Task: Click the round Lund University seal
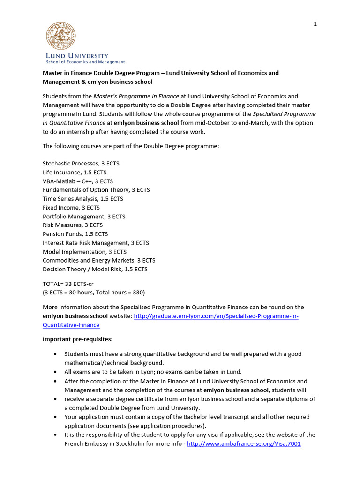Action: (60, 37)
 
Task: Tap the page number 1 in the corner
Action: (315, 24)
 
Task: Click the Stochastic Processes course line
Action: (81, 164)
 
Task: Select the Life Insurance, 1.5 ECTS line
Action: (75, 172)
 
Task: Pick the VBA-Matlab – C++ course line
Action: (78, 181)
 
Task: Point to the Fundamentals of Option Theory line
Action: (96, 190)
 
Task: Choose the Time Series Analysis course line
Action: (83, 199)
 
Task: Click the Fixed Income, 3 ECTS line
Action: (71, 208)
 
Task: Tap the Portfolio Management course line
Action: (84, 217)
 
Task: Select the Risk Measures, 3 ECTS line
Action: (73, 225)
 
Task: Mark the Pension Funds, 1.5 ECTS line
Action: (75, 234)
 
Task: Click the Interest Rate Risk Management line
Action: (96, 243)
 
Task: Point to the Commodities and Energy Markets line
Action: (99, 260)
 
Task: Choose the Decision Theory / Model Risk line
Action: (95, 269)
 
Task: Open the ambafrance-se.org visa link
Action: (243, 443)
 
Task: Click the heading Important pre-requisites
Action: (78, 339)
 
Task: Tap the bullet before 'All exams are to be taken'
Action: (56, 372)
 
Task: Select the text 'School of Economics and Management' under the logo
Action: (85, 62)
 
